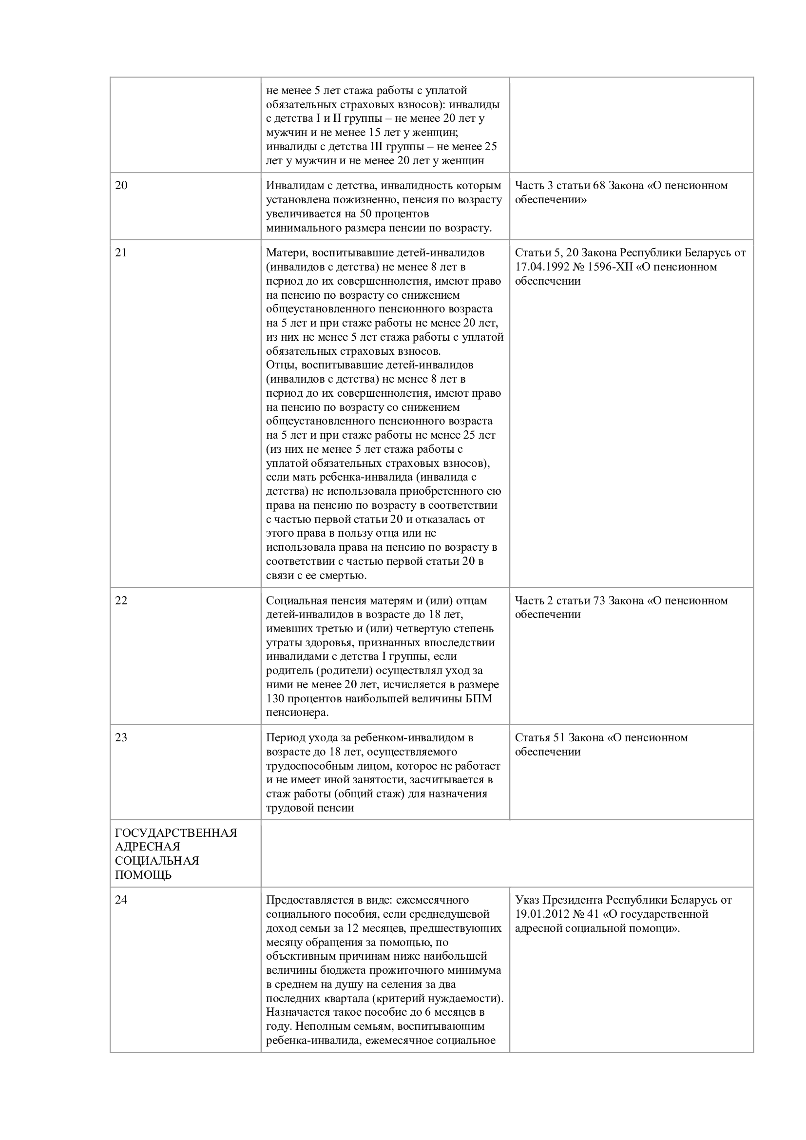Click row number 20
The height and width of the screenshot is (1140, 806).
click(121, 186)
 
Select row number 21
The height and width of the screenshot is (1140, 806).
click(121, 253)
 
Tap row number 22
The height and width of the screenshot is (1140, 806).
click(121, 600)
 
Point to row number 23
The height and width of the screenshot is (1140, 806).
click(121, 737)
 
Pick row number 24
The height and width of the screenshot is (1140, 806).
click(121, 900)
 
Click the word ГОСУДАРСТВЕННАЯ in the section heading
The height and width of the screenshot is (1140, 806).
click(176, 832)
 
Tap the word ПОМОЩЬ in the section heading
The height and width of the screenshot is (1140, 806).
click(143, 875)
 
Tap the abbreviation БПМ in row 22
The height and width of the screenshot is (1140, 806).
click(481, 698)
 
